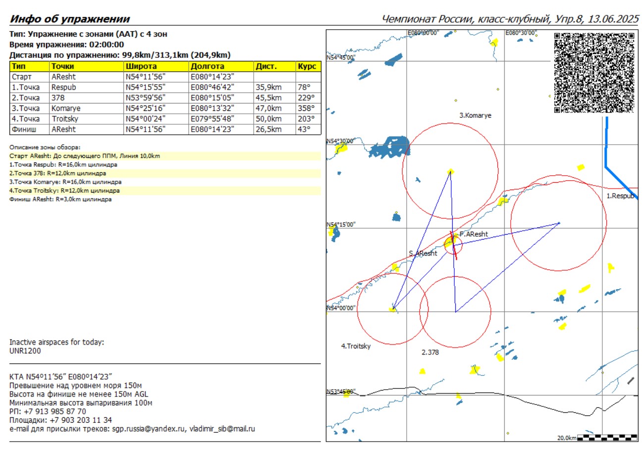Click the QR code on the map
(594, 72)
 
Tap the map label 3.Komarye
(475, 115)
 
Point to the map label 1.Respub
(621, 196)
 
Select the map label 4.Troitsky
(356, 346)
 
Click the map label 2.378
(430, 352)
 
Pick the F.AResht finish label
(474, 234)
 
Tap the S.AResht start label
(423, 253)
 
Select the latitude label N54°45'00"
(341, 57)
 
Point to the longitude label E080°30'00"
(520, 33)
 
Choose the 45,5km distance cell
(268, 98)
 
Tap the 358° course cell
(306, 108)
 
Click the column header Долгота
(208, 66)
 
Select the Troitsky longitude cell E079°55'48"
(212, 119)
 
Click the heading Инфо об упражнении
(70, 19)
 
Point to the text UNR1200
(25, 351)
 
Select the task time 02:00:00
(107, 45)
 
